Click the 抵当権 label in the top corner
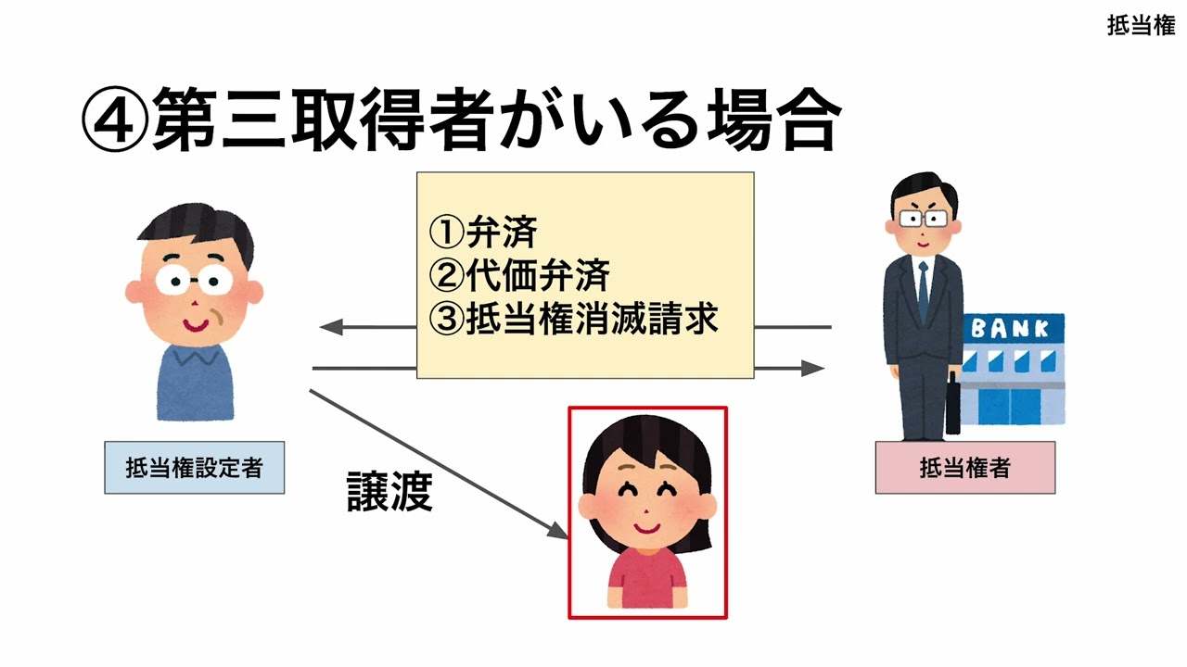click(1141, 25)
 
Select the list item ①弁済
click(482, 233)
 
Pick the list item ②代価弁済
click(519, 275)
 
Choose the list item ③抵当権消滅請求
click(574, 318)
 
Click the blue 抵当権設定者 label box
click(194, 468)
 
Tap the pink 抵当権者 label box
click(964, 468)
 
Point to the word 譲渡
click(389, 493)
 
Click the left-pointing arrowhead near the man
click(330, 327)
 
